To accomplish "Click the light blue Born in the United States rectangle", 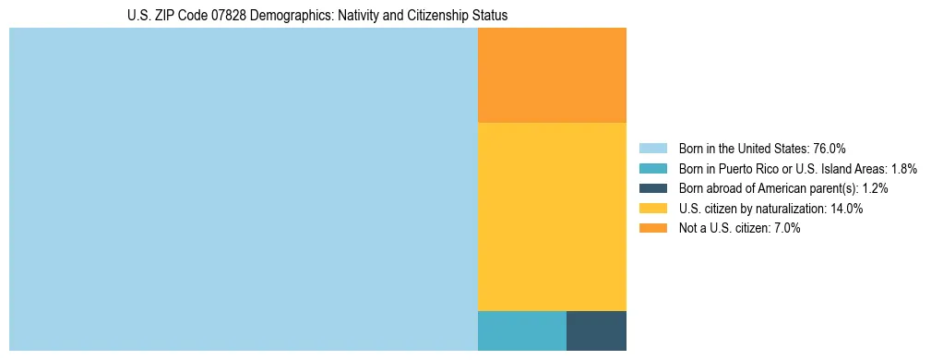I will coord(244,189).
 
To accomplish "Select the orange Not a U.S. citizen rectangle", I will coord(552,75).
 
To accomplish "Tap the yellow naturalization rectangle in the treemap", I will coord(552,216).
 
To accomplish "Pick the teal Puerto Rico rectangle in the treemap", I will coord(522,330).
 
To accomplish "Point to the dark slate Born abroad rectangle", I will coord(596,330).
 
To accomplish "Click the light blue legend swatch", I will coord(653,149).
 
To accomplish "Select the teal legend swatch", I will coord(653,169).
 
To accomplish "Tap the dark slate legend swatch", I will coord(653,188).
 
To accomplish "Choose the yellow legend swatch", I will coord(653,209).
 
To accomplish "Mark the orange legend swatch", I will coord(653,228).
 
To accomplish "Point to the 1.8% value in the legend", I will coord(903,169).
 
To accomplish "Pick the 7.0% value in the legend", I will coord(784,228).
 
